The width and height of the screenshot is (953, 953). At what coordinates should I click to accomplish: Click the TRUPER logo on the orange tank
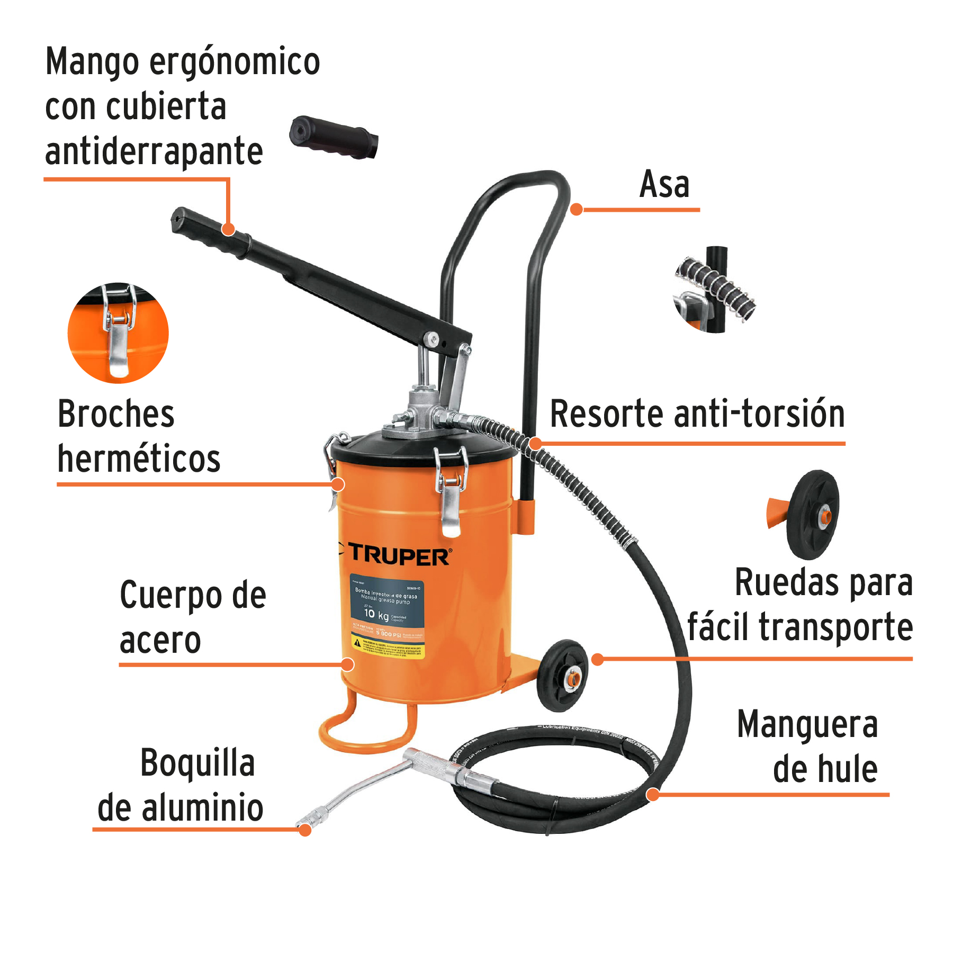pos(398,556)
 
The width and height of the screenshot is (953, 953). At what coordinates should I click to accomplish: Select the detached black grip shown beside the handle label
pos(334,137)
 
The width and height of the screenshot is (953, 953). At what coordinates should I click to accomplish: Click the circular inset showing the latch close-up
pos(118,333)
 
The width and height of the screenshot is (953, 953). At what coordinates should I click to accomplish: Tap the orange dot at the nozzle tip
pos(305,830)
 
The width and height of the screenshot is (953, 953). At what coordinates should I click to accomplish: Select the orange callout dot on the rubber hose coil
pos(653,794)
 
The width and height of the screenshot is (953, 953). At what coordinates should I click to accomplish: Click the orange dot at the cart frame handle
pos(577,210)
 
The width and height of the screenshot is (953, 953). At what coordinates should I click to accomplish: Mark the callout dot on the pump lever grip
pos(228,229)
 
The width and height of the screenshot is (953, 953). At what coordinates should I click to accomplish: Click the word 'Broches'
pos(116,414)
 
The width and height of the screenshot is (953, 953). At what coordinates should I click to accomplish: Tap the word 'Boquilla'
pos(197,763)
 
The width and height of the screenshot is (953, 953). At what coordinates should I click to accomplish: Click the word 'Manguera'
pos(807,724)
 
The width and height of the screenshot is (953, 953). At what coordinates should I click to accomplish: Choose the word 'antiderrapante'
pos(154,151)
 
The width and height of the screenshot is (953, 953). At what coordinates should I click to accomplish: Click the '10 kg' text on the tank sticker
pos(376,614)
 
